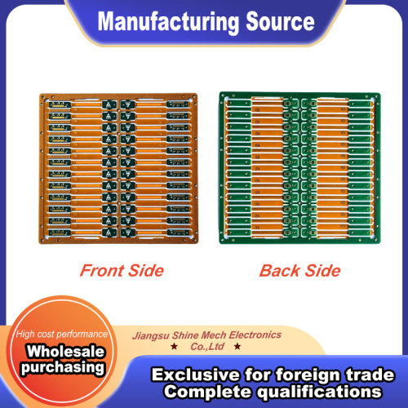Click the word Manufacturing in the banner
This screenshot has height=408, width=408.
[x=168, y=22]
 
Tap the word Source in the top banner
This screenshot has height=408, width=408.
[x=280, y=21]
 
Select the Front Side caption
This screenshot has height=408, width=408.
[x=122, y=271]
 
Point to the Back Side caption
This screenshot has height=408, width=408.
[x=299, y=271]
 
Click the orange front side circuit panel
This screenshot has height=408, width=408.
[x=118, y=168]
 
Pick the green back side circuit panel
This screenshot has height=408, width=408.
[x=300, y=168]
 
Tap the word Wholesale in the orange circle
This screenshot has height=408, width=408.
[x=65, y=351]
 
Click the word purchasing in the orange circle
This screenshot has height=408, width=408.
[x=63, y=368]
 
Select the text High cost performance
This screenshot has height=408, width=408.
[x=62, y=334]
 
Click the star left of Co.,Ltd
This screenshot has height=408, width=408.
[x=174, y=347]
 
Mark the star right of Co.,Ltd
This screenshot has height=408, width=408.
[x=237, y=347]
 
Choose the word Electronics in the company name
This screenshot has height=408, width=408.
[x=255, y=335]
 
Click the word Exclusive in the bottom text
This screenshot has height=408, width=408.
[x=196, y=375]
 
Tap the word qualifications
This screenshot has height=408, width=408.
[x=319, y=392]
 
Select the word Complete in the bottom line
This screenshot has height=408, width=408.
[x=208, y=392]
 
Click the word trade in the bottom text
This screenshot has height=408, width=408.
[x=370, y=375]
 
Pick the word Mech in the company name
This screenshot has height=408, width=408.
[x=214, y=335]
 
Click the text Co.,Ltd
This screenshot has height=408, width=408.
[x=207, y=347]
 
